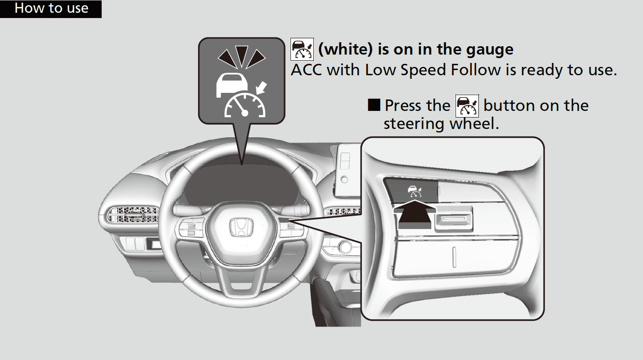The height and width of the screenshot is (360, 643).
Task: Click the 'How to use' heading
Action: point(51,8)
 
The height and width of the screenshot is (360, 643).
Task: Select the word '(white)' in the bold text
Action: point(345,49)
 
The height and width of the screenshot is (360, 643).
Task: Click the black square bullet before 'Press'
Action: point(374,105)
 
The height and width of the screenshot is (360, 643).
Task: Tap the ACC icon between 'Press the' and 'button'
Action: point(467,106)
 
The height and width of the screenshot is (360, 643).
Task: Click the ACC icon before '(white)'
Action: point(302,49)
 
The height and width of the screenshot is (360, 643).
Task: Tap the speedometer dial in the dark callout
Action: point(245,105)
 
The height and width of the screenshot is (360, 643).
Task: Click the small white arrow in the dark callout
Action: point(261,88)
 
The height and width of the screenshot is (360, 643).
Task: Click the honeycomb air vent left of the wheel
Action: point(133,215)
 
